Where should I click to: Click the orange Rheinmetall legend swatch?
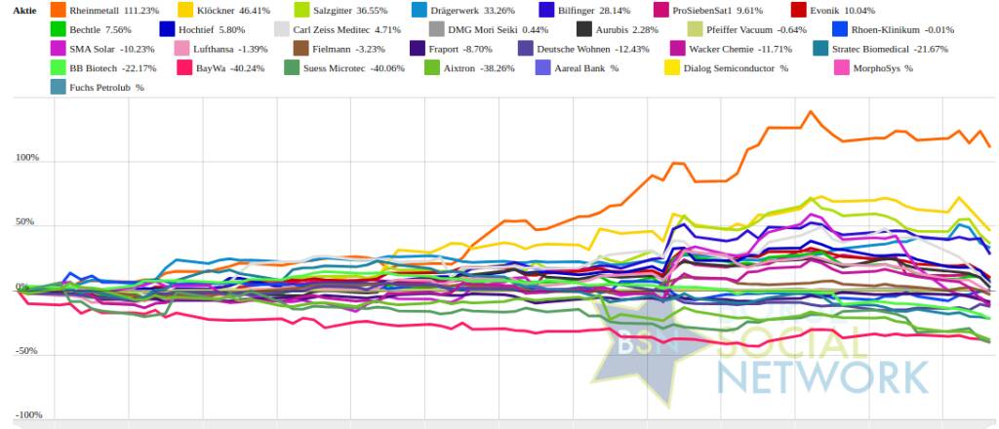click(x=58, y=10)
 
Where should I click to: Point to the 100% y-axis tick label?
click(x=27, y=157)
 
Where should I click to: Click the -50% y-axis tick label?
click(x=27, y=350)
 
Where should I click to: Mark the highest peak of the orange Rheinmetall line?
click(x=810, y=111)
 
